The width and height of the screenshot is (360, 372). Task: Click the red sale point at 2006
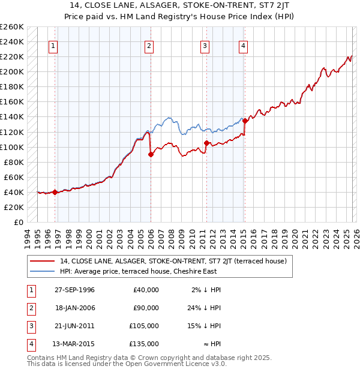pyautogui.click(x=151, y=154)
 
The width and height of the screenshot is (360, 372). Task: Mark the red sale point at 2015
pyautogui.click(x=245, y=121)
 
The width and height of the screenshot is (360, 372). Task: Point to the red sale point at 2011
pyautogui.click(x=206, y=143)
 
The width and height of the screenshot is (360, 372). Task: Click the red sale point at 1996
pyautogui.click(x=55, y=192)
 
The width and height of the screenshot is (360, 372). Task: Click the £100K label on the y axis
pyautogui.click(x=12, y=147)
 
